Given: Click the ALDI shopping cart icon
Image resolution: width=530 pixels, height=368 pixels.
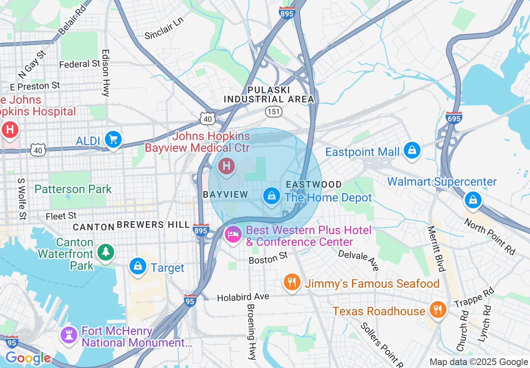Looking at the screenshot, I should click(113, 139).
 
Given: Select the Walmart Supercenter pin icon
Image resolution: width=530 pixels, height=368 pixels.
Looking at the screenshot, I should click(473, 200).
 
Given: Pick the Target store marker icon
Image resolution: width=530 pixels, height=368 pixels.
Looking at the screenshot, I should click(138, 266).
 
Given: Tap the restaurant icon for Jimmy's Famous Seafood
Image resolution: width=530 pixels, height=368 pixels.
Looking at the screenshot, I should click(292, 282).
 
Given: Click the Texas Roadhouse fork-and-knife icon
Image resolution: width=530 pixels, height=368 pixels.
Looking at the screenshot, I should click(437, 310).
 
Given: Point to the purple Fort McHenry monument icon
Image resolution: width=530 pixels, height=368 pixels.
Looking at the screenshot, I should click(69, 335).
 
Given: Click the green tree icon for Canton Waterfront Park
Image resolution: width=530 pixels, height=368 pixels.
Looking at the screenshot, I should click(106, 252).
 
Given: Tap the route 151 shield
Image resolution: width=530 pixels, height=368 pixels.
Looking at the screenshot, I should click(274, 111).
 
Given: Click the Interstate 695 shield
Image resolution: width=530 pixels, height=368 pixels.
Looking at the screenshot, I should click(454, 118).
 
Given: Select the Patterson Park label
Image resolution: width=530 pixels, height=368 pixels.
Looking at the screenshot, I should click(73, 189).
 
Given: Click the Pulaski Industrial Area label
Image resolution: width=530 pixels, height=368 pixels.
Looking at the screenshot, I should click(269, 95).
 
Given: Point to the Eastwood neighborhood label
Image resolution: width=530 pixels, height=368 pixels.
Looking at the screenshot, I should click(313, 184).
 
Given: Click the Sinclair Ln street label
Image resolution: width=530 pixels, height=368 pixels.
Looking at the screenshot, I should click(164, 29).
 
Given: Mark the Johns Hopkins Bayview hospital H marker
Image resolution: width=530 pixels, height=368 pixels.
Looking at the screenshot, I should click(227, 166).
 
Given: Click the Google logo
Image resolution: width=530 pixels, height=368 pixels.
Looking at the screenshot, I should click(28, 358).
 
